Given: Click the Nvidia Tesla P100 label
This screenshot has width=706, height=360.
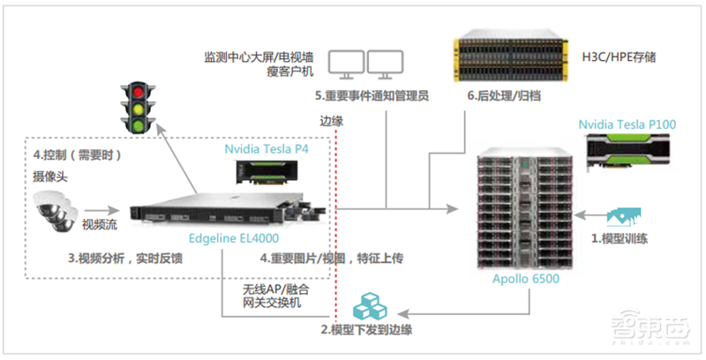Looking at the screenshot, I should click(x=627, y=125).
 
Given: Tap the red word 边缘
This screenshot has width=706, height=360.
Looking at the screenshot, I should click(x=331, y=121).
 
